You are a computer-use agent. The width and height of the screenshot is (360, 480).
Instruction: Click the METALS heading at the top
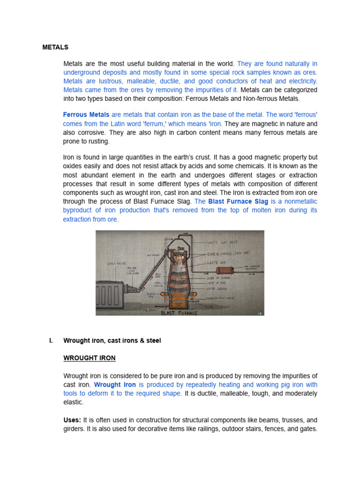point(55,47)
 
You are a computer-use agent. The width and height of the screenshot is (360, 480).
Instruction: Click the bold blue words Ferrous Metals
point(86,115)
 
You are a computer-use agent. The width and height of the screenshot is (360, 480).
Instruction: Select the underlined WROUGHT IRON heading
point(89,358)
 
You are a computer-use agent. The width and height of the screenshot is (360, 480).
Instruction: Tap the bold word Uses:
point(72,420)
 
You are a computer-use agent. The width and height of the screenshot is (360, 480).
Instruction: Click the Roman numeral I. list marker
point(51,341)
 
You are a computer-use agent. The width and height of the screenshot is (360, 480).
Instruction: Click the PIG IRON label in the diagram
point(149,310)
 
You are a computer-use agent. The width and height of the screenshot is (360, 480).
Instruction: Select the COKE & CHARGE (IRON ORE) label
point(228,254)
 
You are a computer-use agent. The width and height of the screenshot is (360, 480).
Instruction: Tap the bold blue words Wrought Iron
point(115,385)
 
